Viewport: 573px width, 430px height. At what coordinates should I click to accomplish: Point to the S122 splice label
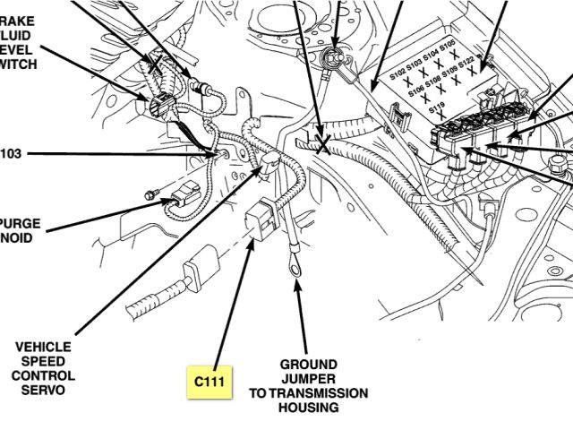[471, 67]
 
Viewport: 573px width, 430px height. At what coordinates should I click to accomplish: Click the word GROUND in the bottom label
[308, 365]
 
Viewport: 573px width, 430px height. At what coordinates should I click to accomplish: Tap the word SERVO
[45, 390]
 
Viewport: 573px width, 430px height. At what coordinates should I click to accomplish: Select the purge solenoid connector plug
[185, 196]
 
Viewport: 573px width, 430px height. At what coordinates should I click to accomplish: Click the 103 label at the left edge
[10, 153]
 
